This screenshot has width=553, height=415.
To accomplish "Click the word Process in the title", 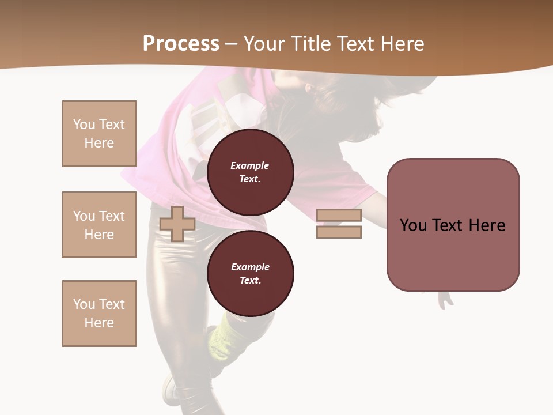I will (x=181, y=43).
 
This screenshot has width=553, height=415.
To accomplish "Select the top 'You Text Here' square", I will (x=99, y=134).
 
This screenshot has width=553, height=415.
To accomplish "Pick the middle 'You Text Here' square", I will (x=99, y=225).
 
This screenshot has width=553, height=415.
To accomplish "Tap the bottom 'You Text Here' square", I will (x=99, y=314).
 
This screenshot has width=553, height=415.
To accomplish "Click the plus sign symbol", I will (x=177, y=224).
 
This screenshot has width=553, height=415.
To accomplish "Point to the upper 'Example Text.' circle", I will (x=250, y=172).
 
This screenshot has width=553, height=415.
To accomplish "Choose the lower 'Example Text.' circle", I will (x=250, y=274).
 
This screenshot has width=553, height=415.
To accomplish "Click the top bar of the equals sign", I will (x=339, y=216).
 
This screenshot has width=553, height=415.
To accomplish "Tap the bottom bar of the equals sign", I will (x=339, y=232).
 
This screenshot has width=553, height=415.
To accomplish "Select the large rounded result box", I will (x=453, y=225).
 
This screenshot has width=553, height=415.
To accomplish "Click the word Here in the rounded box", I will (x=487, y=225).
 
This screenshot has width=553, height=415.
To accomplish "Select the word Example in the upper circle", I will (x=250, y=165).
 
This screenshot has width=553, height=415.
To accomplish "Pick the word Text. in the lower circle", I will (x=250, y=281).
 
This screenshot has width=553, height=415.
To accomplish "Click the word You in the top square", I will (x=84, y=124).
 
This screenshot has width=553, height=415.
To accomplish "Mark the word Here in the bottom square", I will (x=99, y=323).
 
